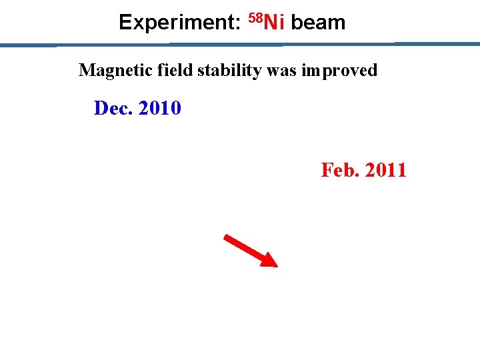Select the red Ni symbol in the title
tap(275, 23)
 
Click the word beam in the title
tap(318, 23)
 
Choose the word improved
tap(339, 71)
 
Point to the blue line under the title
tap(240, 45)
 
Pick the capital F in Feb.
tap(327, 170)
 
